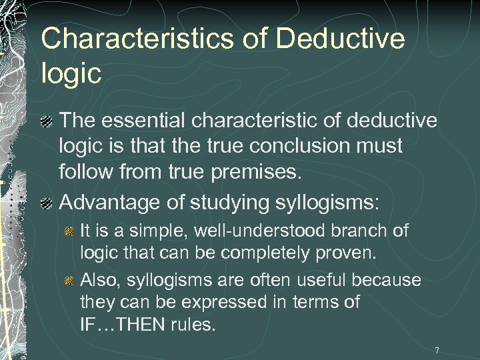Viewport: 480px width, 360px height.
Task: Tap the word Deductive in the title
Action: point(340,39)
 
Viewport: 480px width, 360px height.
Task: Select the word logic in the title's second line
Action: point(71,73)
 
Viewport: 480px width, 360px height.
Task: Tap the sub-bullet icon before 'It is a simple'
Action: point(69,232)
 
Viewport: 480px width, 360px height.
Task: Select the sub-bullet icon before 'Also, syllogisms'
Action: point(69,281)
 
